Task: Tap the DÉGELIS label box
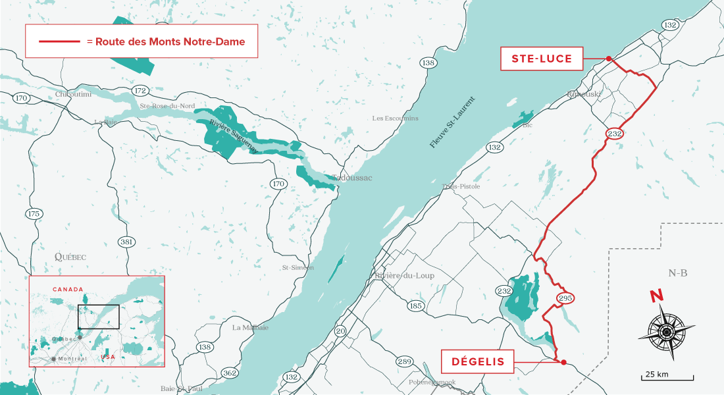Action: (478, 361)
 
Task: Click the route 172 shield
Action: (140, 90)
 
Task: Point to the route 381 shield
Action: (127, 242)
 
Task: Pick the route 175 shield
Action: (34, 214)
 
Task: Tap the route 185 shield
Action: (415, 305)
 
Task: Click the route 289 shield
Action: (404, 361)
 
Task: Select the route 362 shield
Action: (230, 373)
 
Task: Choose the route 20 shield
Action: (340, 330)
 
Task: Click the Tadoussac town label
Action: (351, 178)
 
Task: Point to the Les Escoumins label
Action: (395, 118)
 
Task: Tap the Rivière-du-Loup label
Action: (404, 276)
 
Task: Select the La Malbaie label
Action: (250, 327)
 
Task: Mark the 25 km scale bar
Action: (667, 377)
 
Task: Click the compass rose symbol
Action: (666, 332)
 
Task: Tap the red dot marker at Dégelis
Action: (563, 361)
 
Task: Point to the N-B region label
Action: (677, 273)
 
